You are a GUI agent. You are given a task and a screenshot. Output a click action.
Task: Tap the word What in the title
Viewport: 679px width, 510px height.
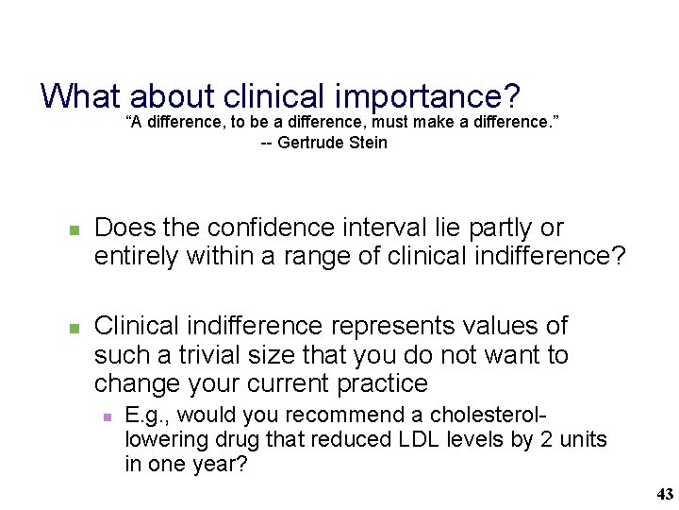click(82, 95)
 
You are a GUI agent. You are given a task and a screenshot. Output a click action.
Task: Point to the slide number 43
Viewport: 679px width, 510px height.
click(664, 494)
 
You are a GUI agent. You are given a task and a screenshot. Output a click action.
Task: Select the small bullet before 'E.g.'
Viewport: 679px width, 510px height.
click(107, 416)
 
